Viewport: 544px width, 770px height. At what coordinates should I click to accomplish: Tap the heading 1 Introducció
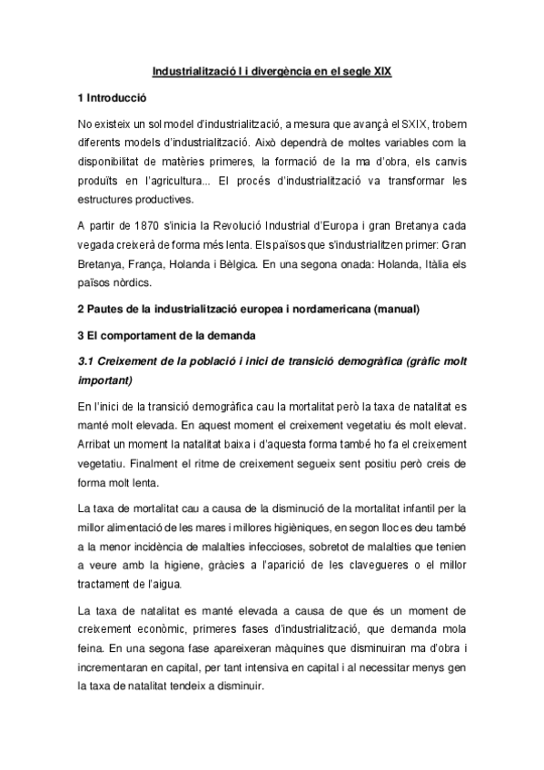tap(113, 96)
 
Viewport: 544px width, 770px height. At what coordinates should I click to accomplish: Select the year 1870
tap(147, 225)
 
